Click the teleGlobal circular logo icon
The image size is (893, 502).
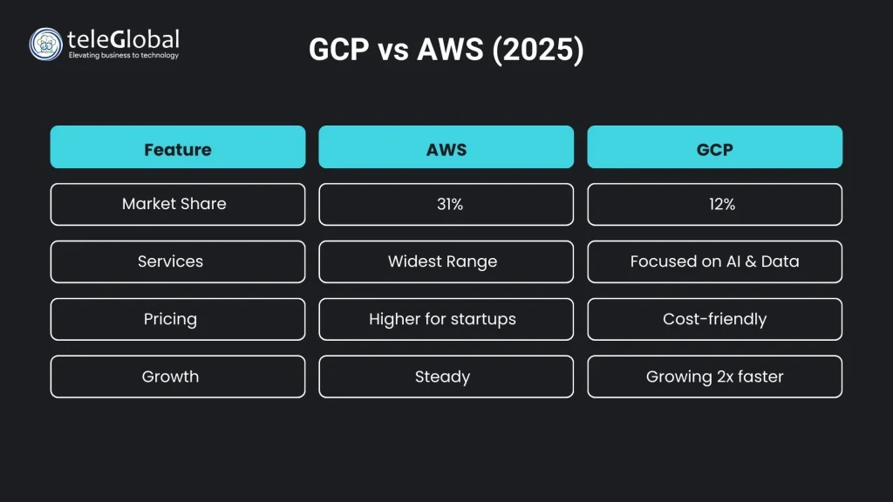45,44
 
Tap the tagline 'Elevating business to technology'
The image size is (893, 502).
124,55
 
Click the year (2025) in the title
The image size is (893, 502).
537,50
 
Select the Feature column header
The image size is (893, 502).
178,146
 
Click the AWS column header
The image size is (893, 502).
446,146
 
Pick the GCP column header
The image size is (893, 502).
715,146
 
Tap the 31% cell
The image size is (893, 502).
446,204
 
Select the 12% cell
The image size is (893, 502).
715,204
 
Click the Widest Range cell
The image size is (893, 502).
446,261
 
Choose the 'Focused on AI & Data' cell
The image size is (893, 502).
715,261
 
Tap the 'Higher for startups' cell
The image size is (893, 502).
446,319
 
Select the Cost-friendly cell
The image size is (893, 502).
715,319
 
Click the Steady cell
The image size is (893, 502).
446,376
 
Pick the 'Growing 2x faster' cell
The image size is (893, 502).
715,376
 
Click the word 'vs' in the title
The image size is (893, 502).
393,51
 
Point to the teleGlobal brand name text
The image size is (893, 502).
123,39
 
